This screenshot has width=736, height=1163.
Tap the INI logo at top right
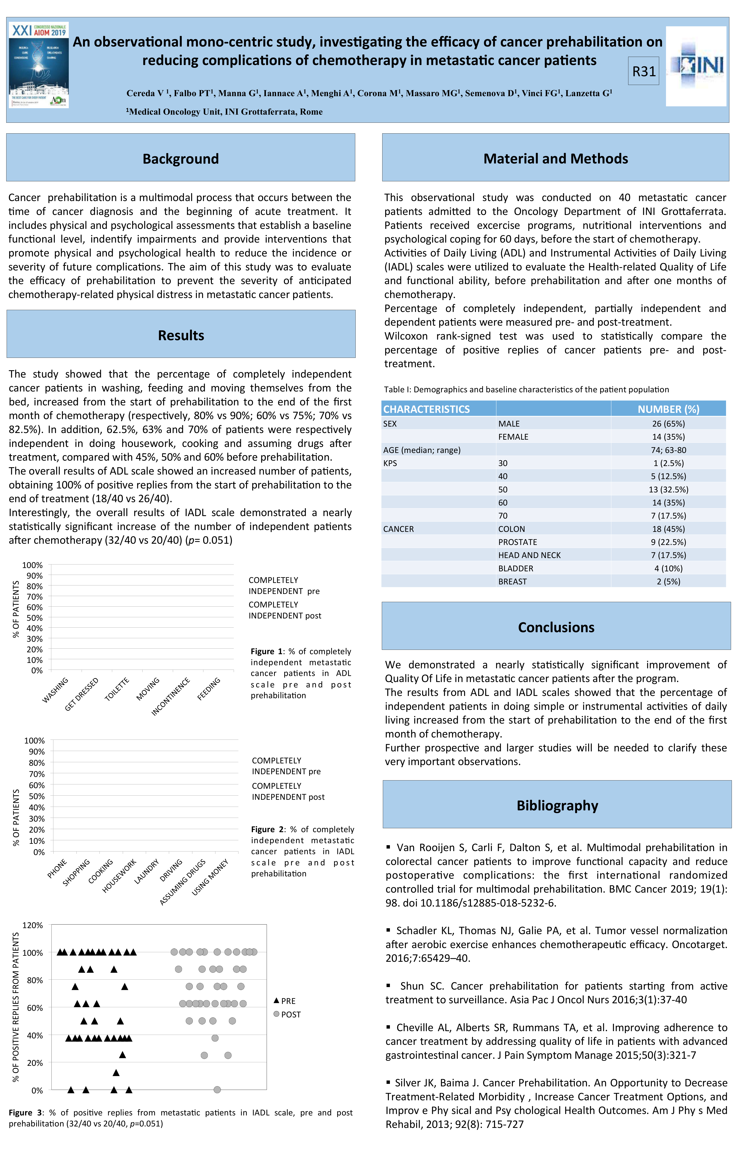click(x=696, y=66)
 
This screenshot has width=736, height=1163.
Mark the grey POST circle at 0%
click(x=217, y=1090)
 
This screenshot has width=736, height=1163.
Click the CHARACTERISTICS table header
click(x=426, y=409)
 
